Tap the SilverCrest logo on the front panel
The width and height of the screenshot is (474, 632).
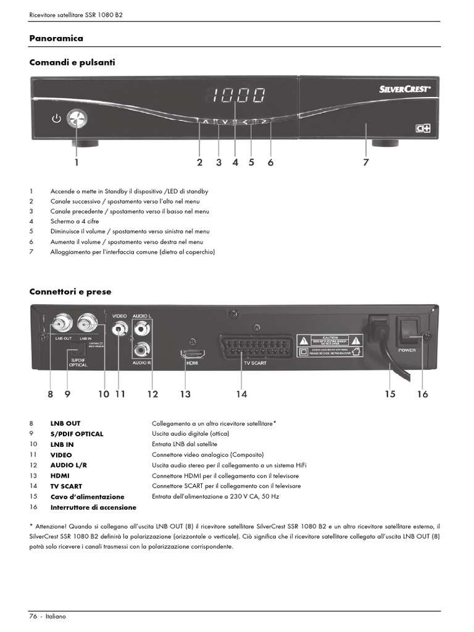tap(404, 88)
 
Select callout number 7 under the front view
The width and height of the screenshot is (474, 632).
tap(366, 162)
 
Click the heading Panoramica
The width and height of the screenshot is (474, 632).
tap(56, 38)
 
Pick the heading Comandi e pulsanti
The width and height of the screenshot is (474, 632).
tap(72, 62)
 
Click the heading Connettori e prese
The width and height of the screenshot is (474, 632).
tap(70, 291)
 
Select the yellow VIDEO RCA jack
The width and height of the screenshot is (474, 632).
tap(119, 326)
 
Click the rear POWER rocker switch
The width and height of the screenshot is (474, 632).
tap(406, 331)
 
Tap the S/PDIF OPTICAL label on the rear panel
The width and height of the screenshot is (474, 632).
tap(78, 362)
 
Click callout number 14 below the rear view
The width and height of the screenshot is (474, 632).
tap(241, 394)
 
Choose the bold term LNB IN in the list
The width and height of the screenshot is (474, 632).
tap(62, 444)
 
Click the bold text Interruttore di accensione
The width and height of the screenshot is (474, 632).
tap(93, 507)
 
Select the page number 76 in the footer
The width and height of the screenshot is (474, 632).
tap(33, 617)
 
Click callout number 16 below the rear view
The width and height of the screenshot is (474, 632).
tap(422, 394)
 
